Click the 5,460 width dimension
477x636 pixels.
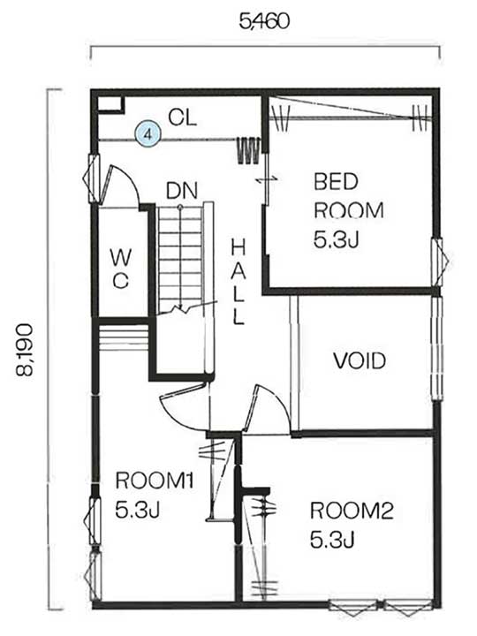pyautogui.click(x=264, y=21)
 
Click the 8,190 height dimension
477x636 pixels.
pyautogui.click(x=25, y=350)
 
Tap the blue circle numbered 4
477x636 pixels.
pyautogui.click(x=148, y=134)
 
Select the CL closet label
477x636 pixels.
pyautogui.click(x=183, y=117)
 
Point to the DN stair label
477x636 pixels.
pyautogui.click(x=182, y=191)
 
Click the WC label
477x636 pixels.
pyautogui.click(x=121, y=269)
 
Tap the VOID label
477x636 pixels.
pyautogui.click(x=360, y=360)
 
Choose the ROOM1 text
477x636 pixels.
pyautogui.click(x=154, y=481)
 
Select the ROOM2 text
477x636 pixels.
pyautogui.click(x=352, y=511)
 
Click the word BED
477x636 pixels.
pyautogui.click(x=336, y=181)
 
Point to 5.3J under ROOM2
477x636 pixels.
pyautogui.click(x=333, y=540)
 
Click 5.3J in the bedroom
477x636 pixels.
pyautogui.click(x=337, y=239)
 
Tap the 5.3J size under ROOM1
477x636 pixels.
pyautogui.click(x=138, y=510)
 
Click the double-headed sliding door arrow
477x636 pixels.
pyautogui.click(x=268, y=178)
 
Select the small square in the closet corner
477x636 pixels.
pyautogui.click(x=110, y=104)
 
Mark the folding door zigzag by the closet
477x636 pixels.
pyautogui.click(x=248, y=150)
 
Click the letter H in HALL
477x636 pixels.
pyautogui.click(x=238, y=247)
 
